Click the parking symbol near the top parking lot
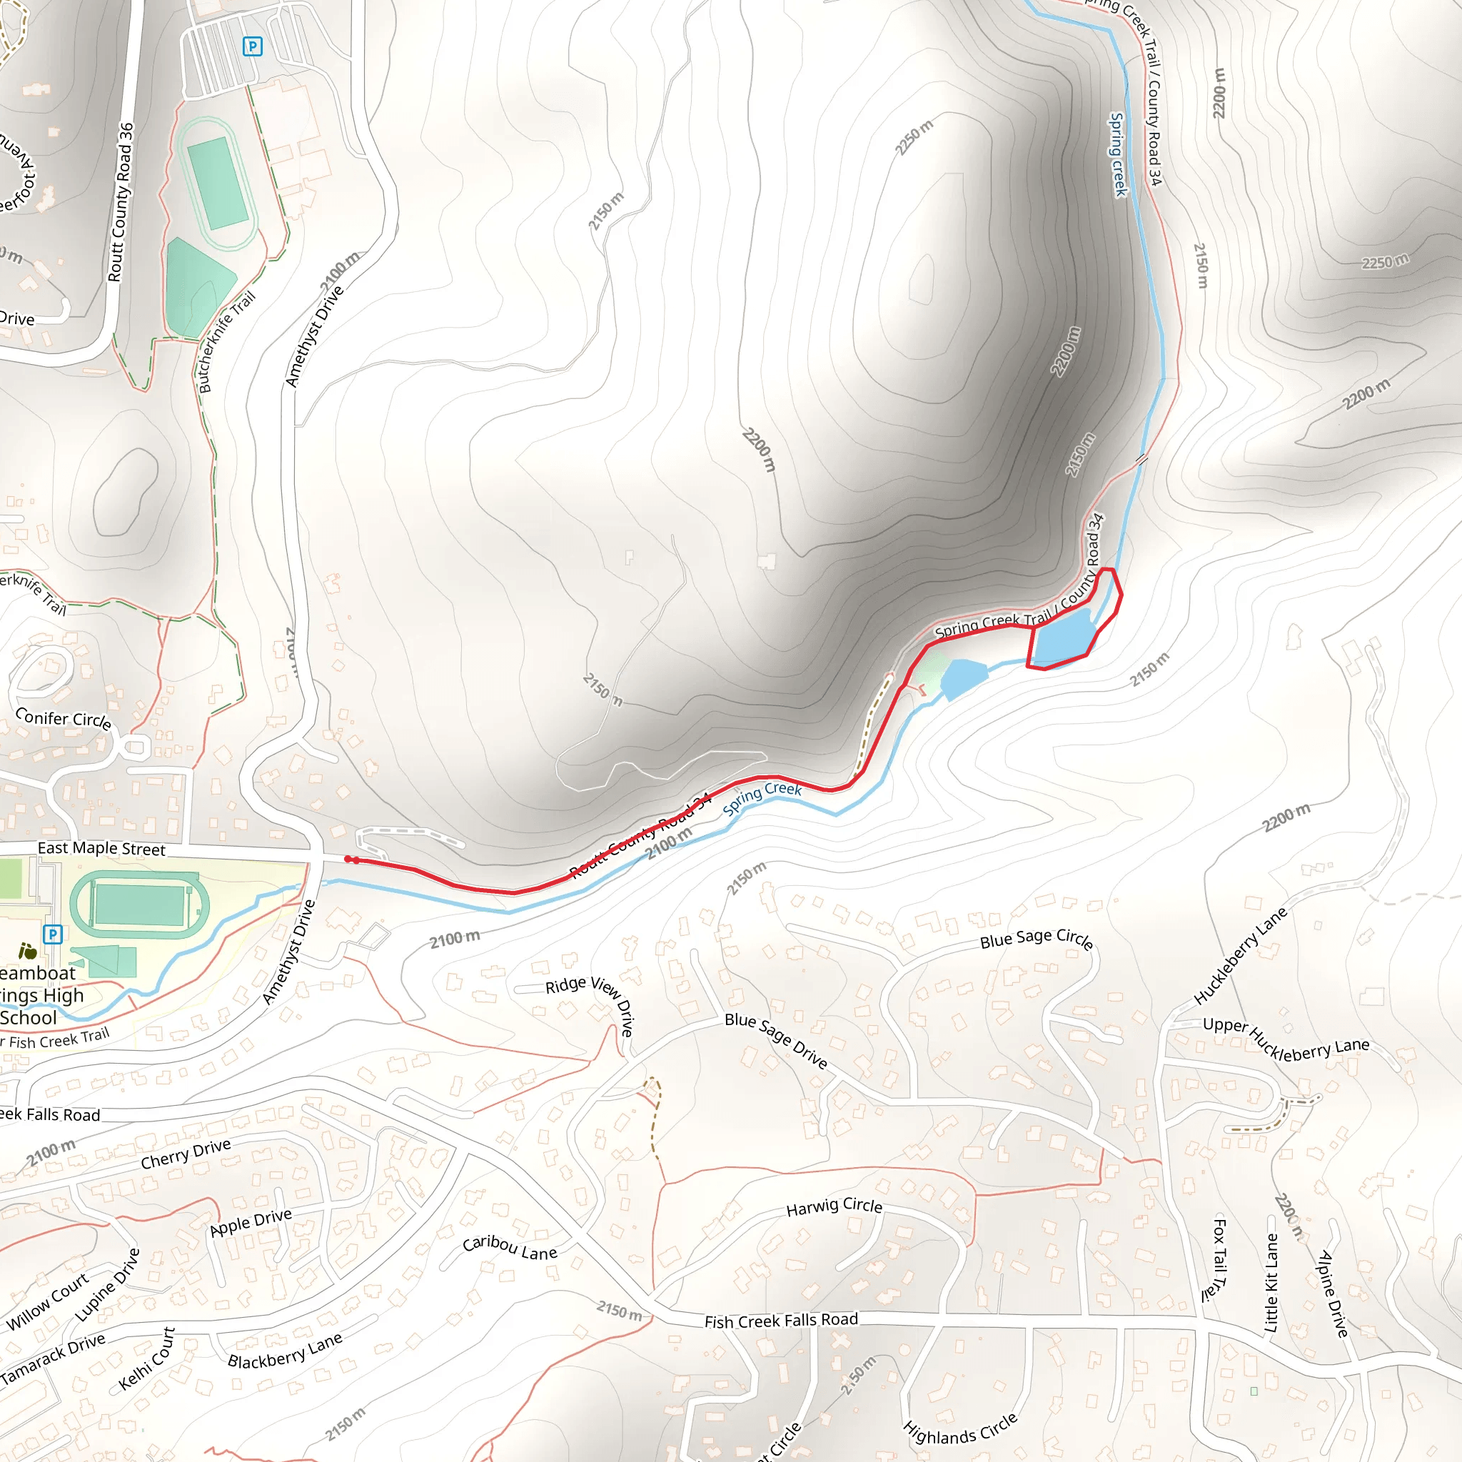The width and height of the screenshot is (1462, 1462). [x=252, y=47]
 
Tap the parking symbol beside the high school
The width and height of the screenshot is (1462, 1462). [x=52, y=934]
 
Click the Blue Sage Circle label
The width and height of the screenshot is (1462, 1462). [x=1036, y=937]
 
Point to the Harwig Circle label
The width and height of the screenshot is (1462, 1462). [x=834, y=1206]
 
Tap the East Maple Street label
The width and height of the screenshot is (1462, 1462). [x=101, y=848]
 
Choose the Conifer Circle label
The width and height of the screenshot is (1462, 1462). [x=64, y=718]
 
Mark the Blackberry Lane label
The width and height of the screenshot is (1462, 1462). [x=286, y=1350]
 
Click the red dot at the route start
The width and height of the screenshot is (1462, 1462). [x=349, y=859]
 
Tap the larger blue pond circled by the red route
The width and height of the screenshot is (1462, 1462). [x=1064, y=635]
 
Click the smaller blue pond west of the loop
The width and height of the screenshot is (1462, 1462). [x=962, y=677]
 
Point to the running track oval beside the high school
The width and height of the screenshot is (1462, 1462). [x=139, y=904]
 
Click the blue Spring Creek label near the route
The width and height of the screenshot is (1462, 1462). [x=762, y=798]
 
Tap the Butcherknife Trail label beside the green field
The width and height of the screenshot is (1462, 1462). [x=226, y=342]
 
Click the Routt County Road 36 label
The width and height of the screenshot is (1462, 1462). [x=121, y=202]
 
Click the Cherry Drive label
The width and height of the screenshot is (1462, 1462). [x=186, y=1154]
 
